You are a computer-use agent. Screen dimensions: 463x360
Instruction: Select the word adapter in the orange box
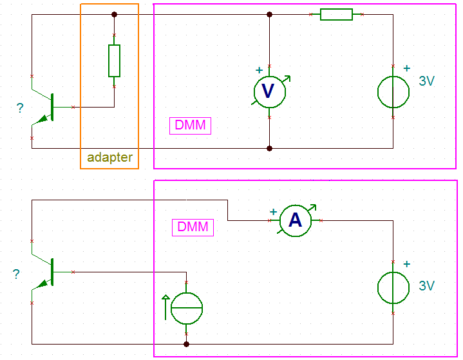tap(110, 158)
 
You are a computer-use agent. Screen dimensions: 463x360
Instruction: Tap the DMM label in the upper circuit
tap(190, 126)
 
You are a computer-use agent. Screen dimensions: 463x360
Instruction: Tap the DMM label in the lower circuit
tap(193, 227)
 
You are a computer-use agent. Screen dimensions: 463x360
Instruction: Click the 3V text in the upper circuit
tap(427, 81)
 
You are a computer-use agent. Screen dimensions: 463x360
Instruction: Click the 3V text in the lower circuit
tap(427, 286)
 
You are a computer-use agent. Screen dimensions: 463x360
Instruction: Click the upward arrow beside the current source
tap(165, 307)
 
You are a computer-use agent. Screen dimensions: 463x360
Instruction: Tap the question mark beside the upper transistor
tap(20, 108)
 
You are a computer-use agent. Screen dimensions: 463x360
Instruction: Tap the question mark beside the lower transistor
tap(17, 274)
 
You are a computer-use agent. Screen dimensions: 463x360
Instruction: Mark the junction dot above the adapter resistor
tap(114, 14)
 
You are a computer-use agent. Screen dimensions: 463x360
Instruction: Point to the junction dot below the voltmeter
tap(269, 148)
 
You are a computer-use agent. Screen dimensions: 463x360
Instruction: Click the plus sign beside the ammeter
tap(273, 212)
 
